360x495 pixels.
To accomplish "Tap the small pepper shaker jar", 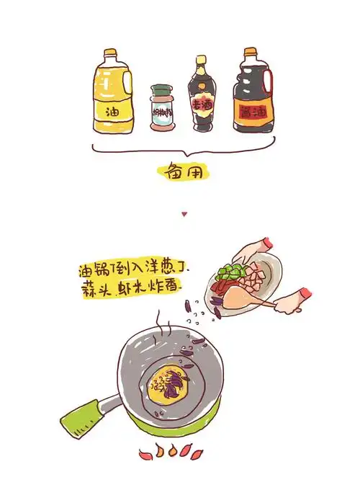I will [x=162, y=110].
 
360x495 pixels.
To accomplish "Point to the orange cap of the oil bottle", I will [x=109, y=53].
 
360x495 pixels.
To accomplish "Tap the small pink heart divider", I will [x=184, y=214].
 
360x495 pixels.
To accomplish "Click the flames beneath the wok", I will [x=171, y=452].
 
